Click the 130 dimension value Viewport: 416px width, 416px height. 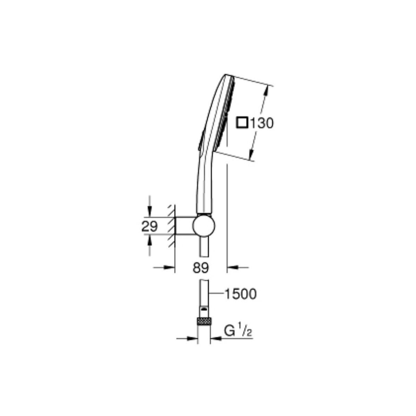pos(261,123)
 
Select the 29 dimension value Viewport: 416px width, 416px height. pos(150,226)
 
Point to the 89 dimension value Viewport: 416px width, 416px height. pos(201,268)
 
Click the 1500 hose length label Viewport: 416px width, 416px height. pos(241,294)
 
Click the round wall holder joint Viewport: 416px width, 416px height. pos(204,226)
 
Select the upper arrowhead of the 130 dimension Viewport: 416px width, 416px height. pos(266,92)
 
